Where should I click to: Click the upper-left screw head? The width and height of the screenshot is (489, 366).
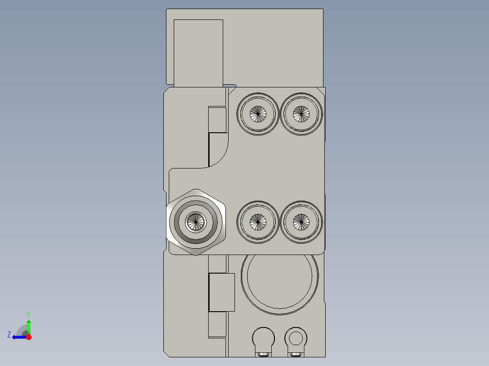pyautogui.click(x=258, y=114)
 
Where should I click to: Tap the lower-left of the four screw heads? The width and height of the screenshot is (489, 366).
pyautogui.click(x=257, y=222)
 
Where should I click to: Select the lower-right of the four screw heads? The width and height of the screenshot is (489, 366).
pyautogui.click(x=301, y=222)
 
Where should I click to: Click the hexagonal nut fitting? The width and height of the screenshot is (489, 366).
pyautogui.click(x=196, y=222)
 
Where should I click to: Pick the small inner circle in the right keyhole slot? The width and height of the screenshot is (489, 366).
pyautogui.click(x=296, y=337)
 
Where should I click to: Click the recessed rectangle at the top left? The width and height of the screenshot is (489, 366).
pyautogui.click(x=198, y=53)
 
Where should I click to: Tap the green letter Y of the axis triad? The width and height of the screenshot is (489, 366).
pyautogui.click(x=29, y=314)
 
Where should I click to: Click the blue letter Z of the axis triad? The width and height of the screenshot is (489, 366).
pyautogui.click(x=9, y=335)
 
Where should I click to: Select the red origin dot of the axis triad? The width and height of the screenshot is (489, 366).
pyautogui.click(x=29, y=337)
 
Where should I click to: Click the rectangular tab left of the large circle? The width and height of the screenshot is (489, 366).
pyautogui.click(x=221, y=292)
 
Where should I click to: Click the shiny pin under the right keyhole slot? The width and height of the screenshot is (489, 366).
pyautogui.click(x=296, y=353)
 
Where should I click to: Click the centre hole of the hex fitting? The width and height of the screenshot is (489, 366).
pyautogui.click(x=196, y=222)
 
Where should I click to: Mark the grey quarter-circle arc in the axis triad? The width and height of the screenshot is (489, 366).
pyautogui.click(x=21, y=329)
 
